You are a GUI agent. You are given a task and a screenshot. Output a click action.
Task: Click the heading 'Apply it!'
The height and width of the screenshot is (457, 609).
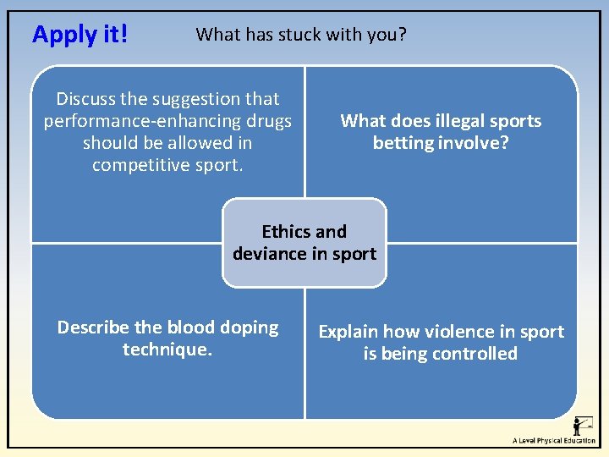tap(80, 35)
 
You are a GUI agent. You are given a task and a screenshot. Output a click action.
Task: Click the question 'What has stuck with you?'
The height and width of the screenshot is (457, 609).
tap(301, 35)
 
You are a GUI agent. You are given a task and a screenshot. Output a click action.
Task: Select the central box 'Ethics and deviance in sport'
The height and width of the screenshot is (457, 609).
tap(304, 243)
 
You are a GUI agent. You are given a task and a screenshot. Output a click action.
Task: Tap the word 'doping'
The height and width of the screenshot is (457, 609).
tap(248, 328)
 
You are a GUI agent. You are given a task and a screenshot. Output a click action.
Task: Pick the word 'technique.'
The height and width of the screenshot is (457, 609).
tap(167, 349)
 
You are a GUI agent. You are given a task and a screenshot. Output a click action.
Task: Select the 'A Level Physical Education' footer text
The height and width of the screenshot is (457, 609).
tap(553, 440)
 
